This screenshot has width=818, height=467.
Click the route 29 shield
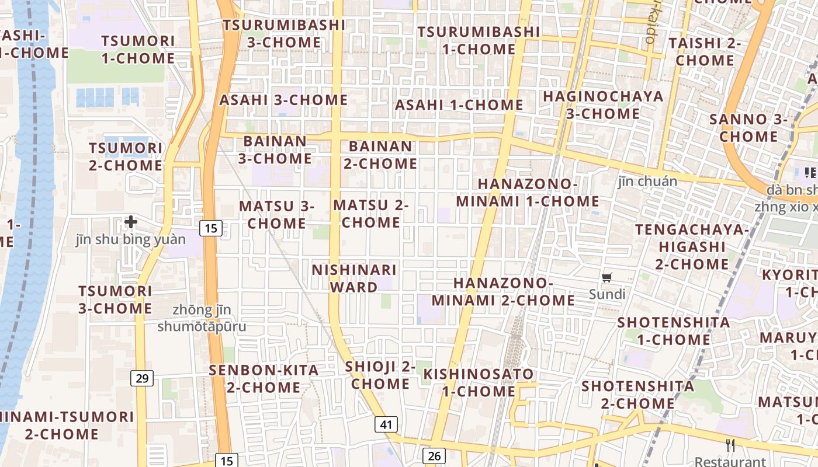click(142, 378)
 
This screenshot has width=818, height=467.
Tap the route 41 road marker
click(386, 424)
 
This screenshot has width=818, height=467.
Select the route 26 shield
click(434, 456)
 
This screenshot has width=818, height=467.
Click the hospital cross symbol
click(131, 222)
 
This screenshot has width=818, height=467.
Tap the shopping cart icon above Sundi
click(607, 278)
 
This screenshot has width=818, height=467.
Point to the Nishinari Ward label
click(354, 278)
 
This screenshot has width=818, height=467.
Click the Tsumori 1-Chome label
click(138, 50)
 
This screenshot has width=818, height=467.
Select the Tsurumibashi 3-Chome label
click(284, 34)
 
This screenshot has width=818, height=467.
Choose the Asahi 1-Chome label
click(459, 105)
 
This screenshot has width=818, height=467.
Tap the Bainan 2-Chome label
click(380, 155)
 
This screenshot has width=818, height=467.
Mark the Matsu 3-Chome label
click(276, 214)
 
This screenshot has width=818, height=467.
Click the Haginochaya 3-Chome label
click(604, 104)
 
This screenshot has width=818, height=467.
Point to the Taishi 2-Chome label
click(705, 51)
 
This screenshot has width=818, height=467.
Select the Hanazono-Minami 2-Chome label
click(504, 291)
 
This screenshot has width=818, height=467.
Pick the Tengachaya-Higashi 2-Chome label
click(692, 246)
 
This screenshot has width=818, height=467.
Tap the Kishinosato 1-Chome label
click(479, 382)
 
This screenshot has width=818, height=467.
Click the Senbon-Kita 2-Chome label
click(264, 378)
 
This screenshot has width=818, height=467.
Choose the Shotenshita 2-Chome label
click(637, 395)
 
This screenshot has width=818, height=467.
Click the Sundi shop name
click(607, 294)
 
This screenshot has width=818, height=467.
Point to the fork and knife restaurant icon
click(730, 445)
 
